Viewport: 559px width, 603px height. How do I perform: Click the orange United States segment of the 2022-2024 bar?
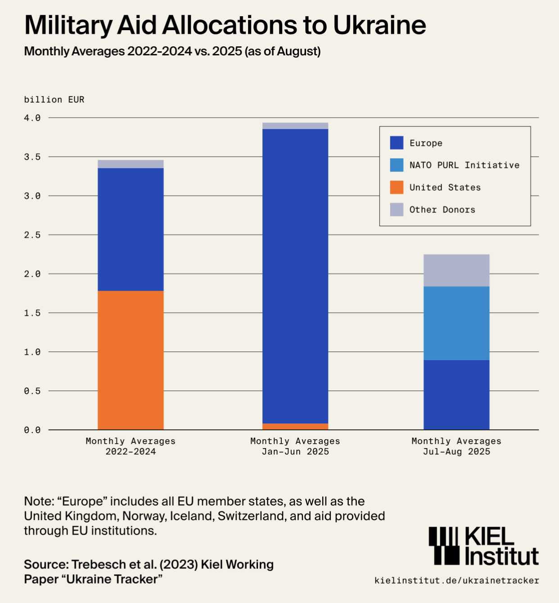(x=131, y=360)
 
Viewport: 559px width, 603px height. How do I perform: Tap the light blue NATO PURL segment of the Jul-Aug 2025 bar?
(x=456, y=323)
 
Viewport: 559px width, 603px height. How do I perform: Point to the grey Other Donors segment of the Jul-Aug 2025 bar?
(x=456, y=270)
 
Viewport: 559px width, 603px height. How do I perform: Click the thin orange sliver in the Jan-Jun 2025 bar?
(x=295, y=427)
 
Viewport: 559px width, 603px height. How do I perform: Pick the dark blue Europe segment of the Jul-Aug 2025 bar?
(x=456, y=395)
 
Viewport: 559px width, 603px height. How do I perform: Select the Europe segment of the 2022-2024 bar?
(x=131, y=229)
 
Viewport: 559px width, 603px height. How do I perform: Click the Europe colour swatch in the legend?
(x=397, y=143)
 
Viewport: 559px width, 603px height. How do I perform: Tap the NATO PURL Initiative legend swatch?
(x=397, y=165)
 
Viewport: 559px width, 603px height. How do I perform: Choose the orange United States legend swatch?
(x=397, y=187)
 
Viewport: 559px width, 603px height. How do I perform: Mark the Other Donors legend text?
(x=442, y=210)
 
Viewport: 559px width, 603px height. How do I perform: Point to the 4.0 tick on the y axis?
(x=32, y=118)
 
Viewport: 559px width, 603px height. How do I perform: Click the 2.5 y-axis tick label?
(x=32, y=235)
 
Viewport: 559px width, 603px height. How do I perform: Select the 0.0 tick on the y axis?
(x=32, y=430)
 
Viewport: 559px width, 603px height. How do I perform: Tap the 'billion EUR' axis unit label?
(x=54, y=100)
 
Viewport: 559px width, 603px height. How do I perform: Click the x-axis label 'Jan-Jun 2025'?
(x=295, y=452)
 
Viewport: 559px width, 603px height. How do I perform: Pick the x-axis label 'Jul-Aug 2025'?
(x=456, y=452)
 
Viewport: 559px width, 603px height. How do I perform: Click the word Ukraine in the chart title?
(x=379, y=25)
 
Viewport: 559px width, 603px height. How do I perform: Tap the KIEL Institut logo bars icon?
(x=444, y=545)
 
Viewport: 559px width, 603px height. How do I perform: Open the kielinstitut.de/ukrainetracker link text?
(x=456, y=580)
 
